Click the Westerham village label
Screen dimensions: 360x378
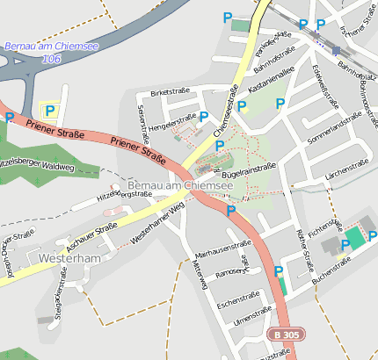[x=70, y=259]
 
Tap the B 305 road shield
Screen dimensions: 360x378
[x=284, y=335]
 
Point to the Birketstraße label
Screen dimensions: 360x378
[x=170, y=91]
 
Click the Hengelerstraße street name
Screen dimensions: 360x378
[x=172, y=124]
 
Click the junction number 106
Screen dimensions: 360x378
[x=51, y=58]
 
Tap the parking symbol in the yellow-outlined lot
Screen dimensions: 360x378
[x=49, y=111]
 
